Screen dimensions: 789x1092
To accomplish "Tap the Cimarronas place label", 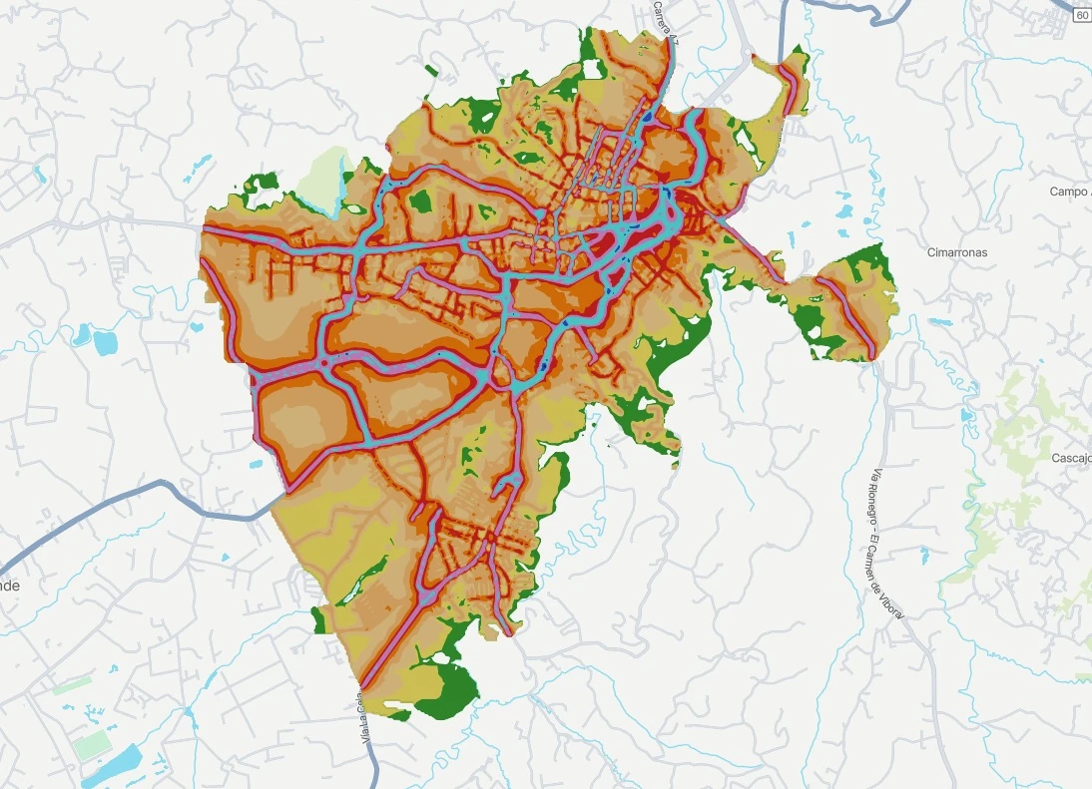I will (x=956, y=252).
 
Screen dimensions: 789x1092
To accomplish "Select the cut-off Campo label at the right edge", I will (x=1070, y=192).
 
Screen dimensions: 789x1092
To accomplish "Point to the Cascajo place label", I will (x=1071, y=458).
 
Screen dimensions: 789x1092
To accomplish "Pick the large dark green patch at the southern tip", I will (x=446, y=690).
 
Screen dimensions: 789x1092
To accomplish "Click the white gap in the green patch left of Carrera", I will (x=593, y=70).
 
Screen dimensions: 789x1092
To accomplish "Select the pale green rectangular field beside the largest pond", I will (x=92, y=744).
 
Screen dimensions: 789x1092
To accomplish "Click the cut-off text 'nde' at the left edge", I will (x=9, y=586).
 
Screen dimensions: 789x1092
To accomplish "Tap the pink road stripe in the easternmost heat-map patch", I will (x=848, y=314).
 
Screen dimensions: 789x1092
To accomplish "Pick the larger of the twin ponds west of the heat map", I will (x=104, y=341).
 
